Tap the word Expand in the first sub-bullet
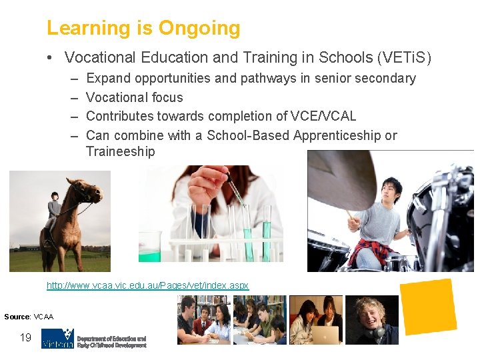[109, 79]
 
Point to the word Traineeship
[120, 151]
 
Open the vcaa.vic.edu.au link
[147, 285]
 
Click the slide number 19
[25, 337]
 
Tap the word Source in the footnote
[17, 316]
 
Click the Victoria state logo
[57, 338]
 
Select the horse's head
[89, 193]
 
